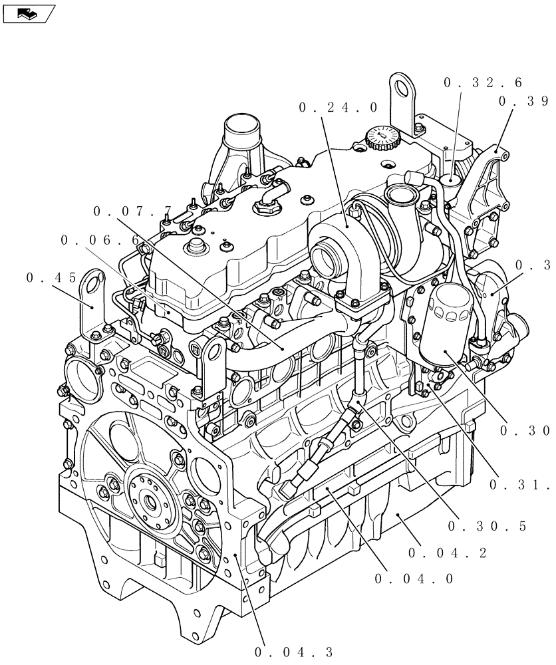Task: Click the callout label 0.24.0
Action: (x=339, y=107)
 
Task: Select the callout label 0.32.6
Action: (x=482, y=83)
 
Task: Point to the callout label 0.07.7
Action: (x=133, y=211)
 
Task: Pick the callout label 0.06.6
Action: (x=100, y=240)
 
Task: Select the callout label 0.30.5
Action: (x=487, y=526)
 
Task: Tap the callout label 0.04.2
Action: (x=448, y=553)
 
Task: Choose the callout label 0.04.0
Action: (x=414, y=579)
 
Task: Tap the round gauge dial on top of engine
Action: (x=381, y=137)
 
